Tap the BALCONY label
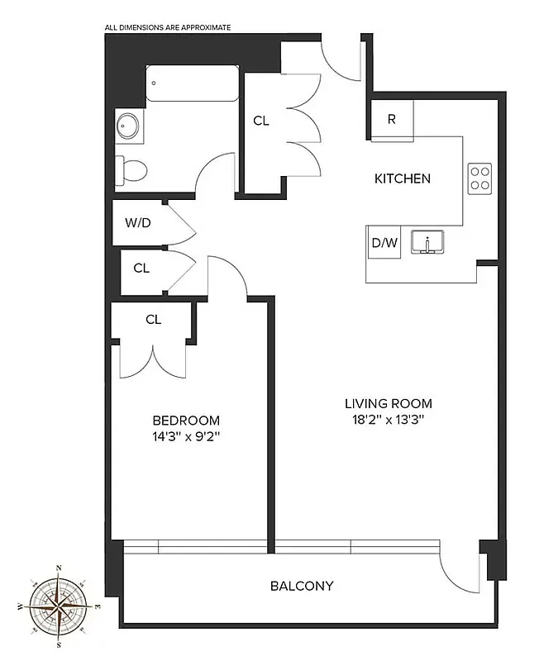click(x=302, y=586)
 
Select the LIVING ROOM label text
click(x=389, y=404)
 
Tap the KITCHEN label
click(x=403, y=178)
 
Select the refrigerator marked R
click(x=392, y=119)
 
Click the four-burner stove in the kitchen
click(x=479, y=178)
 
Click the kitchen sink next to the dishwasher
click(x=428, y=243)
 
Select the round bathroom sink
click(x=129, y=126)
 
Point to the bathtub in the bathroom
click(x=193, y=84)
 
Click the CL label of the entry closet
click(x=261, y=121)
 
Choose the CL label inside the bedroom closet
click(x=153, y=320)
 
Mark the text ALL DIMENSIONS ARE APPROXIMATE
click(x=168, y=27)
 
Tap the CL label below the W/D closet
click(x=141, y=268)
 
